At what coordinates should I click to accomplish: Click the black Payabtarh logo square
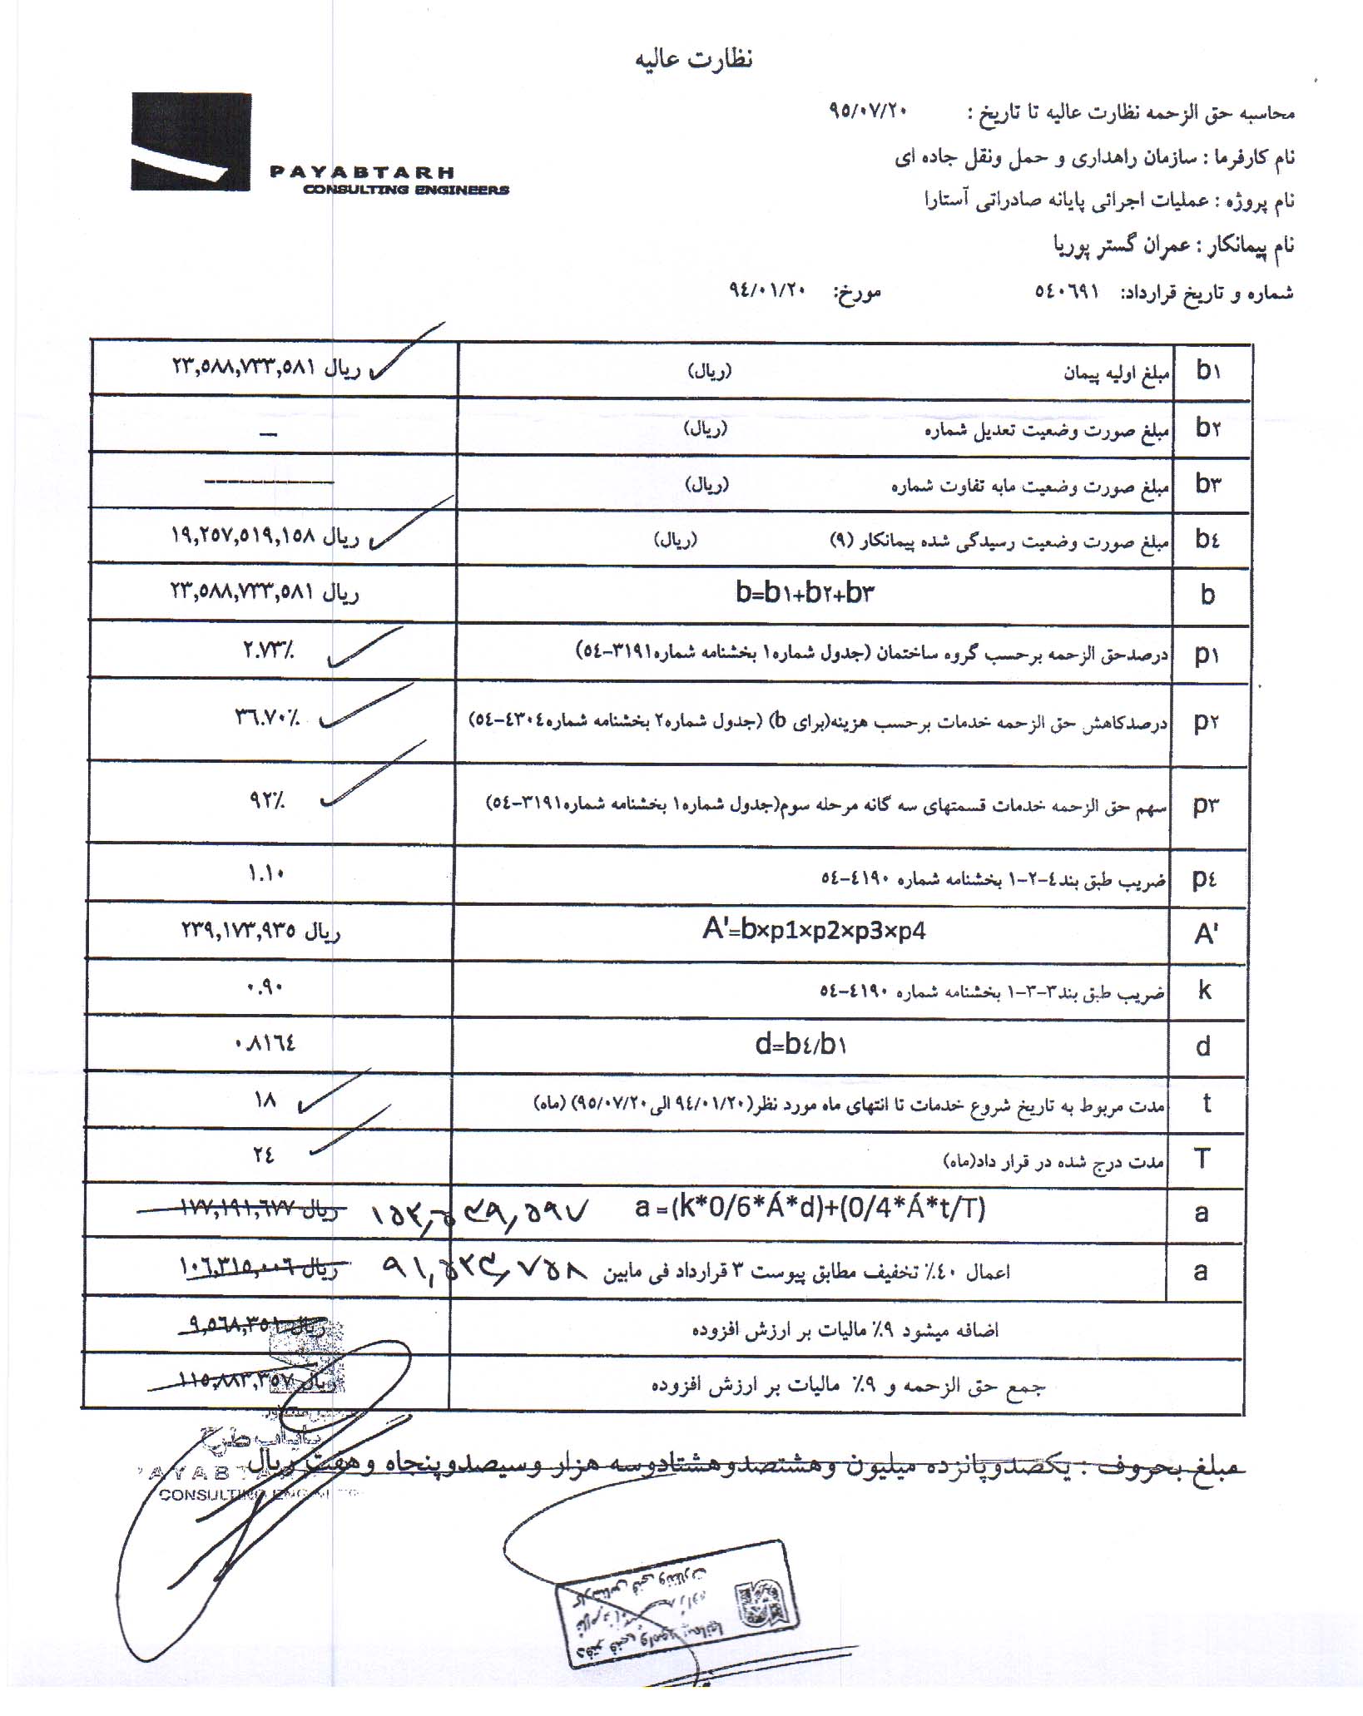point(191,141)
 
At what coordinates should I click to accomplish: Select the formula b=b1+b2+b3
point(805,593)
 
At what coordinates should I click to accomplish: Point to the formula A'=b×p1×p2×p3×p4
point(813,930)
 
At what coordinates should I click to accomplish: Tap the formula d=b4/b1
point(800,1044)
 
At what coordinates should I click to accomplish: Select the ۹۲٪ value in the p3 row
point(266,802)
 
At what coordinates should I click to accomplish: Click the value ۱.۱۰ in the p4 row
point(266,873)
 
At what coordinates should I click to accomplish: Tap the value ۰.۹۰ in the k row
point(266,987)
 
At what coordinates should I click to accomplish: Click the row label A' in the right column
point(1206,934)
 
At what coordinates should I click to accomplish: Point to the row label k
point(1204,990)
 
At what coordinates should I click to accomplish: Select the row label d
point(1203,1046)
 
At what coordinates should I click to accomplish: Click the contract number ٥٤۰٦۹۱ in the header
point(1067,292)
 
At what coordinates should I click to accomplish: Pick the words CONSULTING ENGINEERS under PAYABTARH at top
point(405,190)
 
